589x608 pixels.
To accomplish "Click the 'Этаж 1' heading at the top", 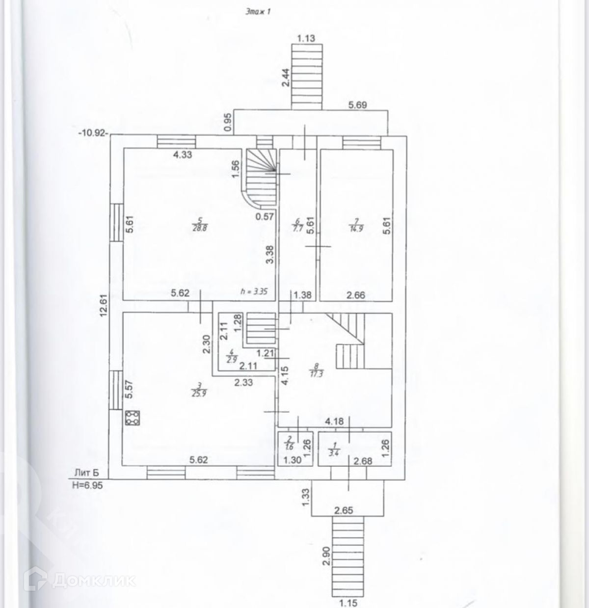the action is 258,13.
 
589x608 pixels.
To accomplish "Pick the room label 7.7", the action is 296,225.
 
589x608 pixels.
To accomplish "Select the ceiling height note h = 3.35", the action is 253,291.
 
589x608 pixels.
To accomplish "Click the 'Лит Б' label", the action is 86,473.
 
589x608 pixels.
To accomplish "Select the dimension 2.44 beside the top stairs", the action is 286,78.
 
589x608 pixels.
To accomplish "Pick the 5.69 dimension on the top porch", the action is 358,105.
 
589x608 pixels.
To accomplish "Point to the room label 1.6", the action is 289,443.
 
